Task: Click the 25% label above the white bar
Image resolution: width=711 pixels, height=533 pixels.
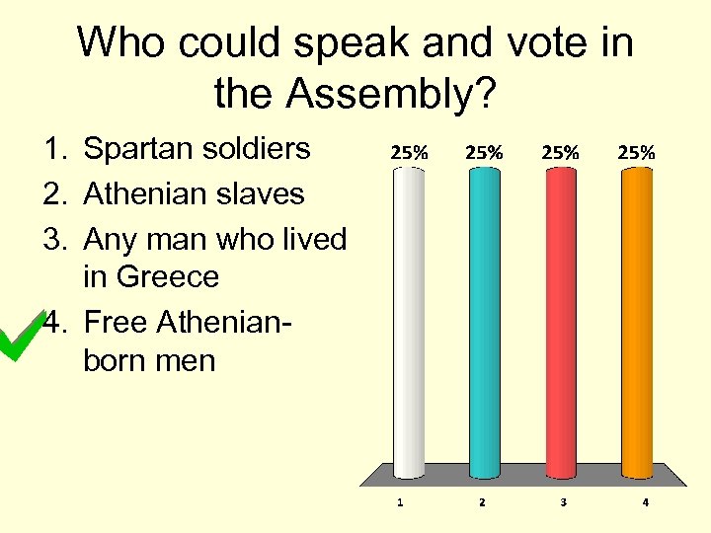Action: pos(410,153)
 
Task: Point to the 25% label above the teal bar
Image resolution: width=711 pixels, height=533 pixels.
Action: pos(485,153)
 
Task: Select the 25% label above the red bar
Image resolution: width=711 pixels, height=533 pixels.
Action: pos(560,153)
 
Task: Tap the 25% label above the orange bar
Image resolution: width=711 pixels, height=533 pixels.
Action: pos(636,153)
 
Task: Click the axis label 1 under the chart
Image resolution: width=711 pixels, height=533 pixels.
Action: pos(400,502)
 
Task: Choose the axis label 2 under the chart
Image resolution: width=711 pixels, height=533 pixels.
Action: pos(482,502)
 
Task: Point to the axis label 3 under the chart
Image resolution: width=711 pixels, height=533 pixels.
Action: pos(563,502)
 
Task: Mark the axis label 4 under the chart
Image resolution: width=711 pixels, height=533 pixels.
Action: pos(645,502)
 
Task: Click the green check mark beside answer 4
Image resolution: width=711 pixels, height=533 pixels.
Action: pos(22,335)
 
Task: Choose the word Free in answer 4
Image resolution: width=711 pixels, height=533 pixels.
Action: pos(118,322)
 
